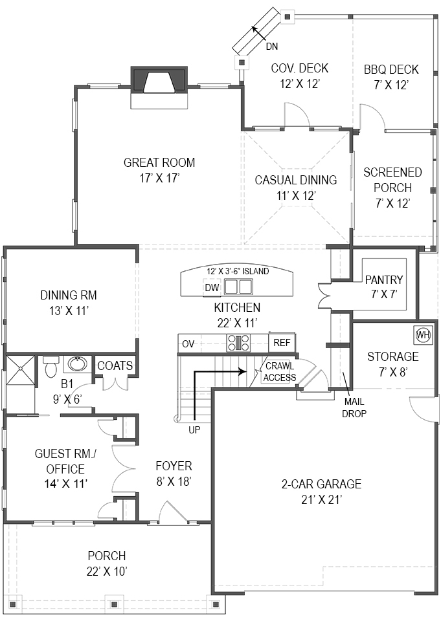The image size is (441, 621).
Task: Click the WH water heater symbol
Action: pyautogui.click(x=423, y=334)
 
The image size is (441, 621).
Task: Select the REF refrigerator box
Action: pyautogui.click(x=281, y=343)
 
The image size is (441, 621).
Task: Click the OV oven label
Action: pyautogui.click(x=188, y=343)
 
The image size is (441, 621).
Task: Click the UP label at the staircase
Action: pyautogui.click(x=194, y=430)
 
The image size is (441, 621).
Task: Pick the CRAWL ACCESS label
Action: pyautogui.click(x=280, y=373)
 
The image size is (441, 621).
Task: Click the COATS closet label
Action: pyautogui.click(x=115, y=365)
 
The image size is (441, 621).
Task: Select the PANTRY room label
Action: pyautogui.click(x=383, y=280)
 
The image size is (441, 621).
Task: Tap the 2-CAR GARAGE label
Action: pyautogui.click(x=321, y=484)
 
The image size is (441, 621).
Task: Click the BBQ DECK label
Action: pyautogui.click(x=390, y=69)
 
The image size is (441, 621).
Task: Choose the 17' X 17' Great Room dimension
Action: pyautogui.click(x=159, y=177)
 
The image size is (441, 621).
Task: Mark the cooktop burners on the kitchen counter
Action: pyautogui.click(x=238, y=343)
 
